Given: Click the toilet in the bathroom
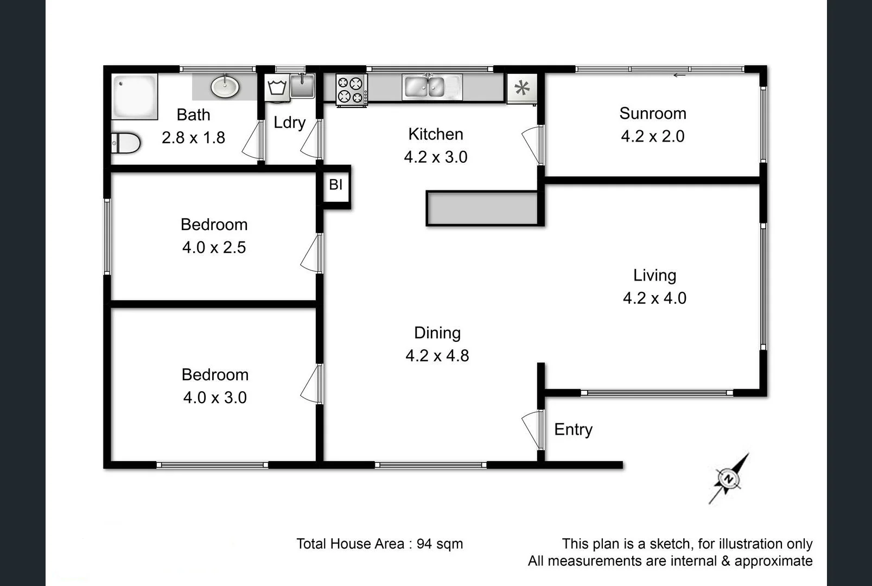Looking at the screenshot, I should click(x=126, y=143).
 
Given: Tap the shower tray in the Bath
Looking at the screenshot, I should click(x=135, y=96).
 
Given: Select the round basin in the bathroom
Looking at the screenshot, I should click(x=225, y=87).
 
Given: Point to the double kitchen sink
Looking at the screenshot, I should click(x=431, y=87).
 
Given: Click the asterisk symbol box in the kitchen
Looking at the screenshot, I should click(x=522, y=88).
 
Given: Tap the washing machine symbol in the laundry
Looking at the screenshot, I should click(x=277, y=88).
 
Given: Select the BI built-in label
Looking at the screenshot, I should click(x=335, y=184).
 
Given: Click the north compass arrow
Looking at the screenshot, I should click(x=729, y=479).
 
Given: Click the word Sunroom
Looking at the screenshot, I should click(x=652, y=113).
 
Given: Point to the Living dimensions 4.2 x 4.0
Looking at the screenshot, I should click(x=654, y=298).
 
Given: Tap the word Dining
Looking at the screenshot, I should click(x=437, y=333).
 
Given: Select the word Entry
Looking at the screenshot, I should click(x=573, y=429).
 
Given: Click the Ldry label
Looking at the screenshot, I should click(x=289, y=123).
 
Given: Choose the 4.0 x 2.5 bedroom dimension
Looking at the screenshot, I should click(x=214, y=247).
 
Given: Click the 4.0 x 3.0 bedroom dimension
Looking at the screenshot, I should click(x=215, y=397).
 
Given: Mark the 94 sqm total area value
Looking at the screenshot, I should click(x=440, y=544).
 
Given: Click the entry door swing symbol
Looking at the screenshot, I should click(x=532, y=429).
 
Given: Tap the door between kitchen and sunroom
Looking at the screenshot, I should click(x=532, y=144).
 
